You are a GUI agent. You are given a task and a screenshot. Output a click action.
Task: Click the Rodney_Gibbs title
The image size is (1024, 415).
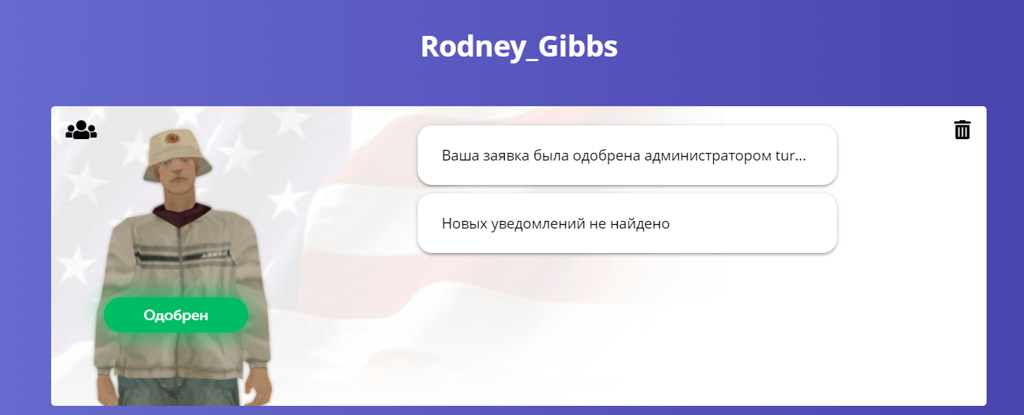[518, 47]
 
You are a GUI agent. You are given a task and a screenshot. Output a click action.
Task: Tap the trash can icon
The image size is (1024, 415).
[962, 129]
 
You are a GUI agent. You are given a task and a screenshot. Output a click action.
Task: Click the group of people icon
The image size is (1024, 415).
[82, 129]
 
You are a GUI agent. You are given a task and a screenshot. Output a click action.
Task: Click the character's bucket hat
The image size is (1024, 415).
[177, 154]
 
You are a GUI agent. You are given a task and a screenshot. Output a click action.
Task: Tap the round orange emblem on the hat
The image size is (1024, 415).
[173, 138]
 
